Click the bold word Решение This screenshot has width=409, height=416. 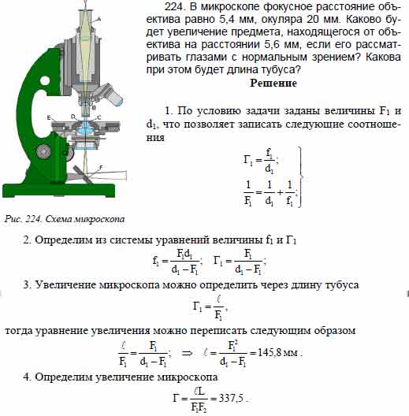pyautogui.click(x=273, y=83)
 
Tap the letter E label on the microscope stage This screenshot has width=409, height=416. pyautogui.click(x=49, y=118)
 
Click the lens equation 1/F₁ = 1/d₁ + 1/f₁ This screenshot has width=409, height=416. pyautogui.click(x=256, y=191)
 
